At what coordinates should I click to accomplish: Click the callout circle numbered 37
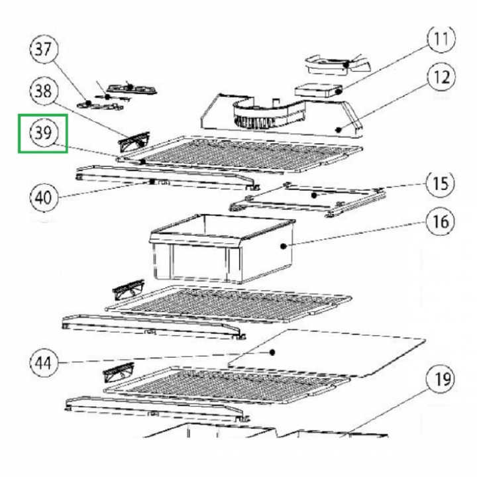(x=44, y=50)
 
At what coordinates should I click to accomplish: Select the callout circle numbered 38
(x=44, y=91)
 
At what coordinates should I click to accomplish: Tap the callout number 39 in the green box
(x=44, y=132)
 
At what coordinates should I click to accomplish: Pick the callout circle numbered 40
(x=44, y=197)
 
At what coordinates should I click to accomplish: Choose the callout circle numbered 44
(x=44, y=362)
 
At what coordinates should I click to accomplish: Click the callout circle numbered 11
(x=441, y=39)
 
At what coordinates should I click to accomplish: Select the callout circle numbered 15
(x=441, y=184)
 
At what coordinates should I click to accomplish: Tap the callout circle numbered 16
(x=441, y=221)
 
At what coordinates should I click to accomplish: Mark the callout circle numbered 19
(x=441, y=380)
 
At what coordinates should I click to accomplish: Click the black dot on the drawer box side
(x=284, y=246)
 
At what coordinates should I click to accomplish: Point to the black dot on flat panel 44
(x=272, y=352)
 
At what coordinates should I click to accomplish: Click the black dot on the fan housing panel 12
(x=339, y=130)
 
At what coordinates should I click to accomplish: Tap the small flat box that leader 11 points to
(x=318, y=90)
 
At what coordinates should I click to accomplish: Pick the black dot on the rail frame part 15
(x=315, y=195)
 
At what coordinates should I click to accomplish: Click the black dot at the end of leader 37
(x=88, y=103)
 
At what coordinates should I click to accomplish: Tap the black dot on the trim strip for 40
(x=151, y=182)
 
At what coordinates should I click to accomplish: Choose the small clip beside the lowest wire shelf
(x=119, y=373)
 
